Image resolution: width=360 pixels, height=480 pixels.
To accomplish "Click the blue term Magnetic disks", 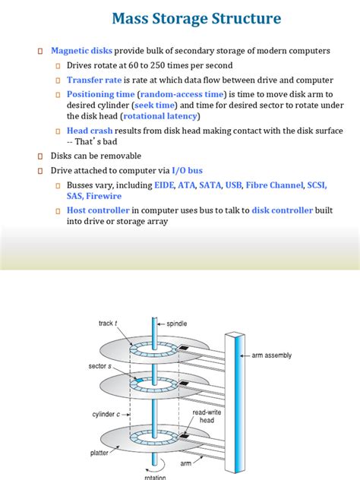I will pyautogui.click(x=82, y=51).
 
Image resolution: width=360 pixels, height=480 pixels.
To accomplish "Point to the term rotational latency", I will pyautogui.click(x=160, y=116).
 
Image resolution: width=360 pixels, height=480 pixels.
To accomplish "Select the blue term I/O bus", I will pyautogui.click(x=187, y=170).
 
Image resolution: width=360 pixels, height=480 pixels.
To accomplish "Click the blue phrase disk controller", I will pyautogui.click(x=282, y=210).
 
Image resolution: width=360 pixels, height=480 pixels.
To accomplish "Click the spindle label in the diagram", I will pyautogui.click(x=177, y=323).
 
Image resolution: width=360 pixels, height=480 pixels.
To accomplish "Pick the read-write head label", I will pyautogui.click(x=206, y=415).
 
